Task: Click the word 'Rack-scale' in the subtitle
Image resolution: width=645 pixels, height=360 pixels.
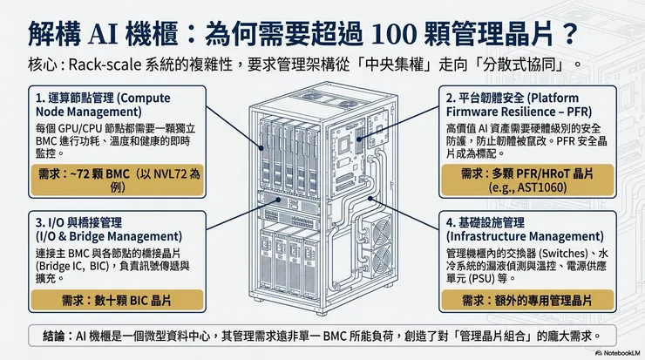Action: [106, 65]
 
